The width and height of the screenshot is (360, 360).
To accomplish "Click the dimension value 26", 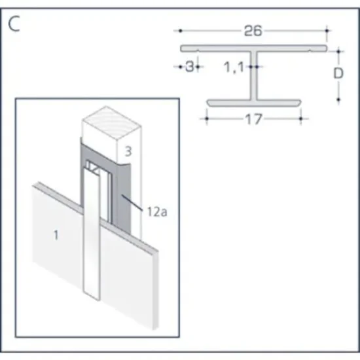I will point(253,31).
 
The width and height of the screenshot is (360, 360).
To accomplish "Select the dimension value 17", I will point(253,119).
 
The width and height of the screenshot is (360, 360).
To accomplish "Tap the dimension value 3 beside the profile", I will point(189,66).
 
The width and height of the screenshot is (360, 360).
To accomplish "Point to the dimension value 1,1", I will point(234,66).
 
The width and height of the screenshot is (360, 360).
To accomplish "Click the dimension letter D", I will point(338,73).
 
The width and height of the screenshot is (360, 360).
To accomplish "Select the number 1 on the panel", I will point(55,235).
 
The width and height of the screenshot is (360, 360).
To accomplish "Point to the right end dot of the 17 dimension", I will point(300,119).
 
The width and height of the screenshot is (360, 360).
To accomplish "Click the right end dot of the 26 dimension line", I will point(327,31).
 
